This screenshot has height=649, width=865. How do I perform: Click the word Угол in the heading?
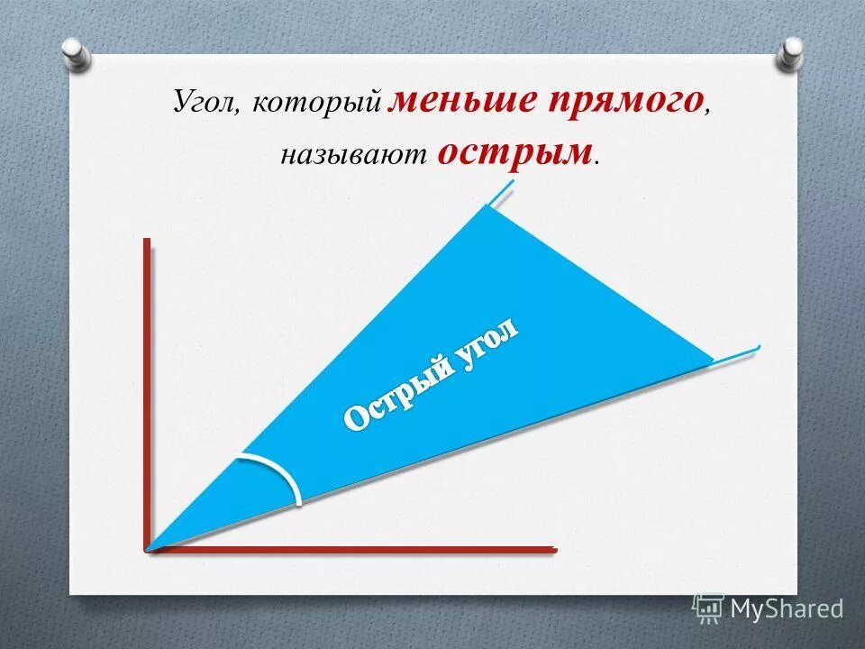tap(205, 102)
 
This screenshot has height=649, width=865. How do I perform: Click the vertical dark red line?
tap(146, 388)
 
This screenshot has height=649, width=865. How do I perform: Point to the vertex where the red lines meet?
tap(147, 548)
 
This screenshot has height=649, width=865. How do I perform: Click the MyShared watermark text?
tap(787, 608)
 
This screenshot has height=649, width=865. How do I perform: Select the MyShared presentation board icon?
tap(708, 608)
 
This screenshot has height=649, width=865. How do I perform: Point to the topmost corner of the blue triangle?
tap(487, 206)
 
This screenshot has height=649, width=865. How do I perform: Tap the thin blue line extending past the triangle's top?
tap(502, 191)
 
